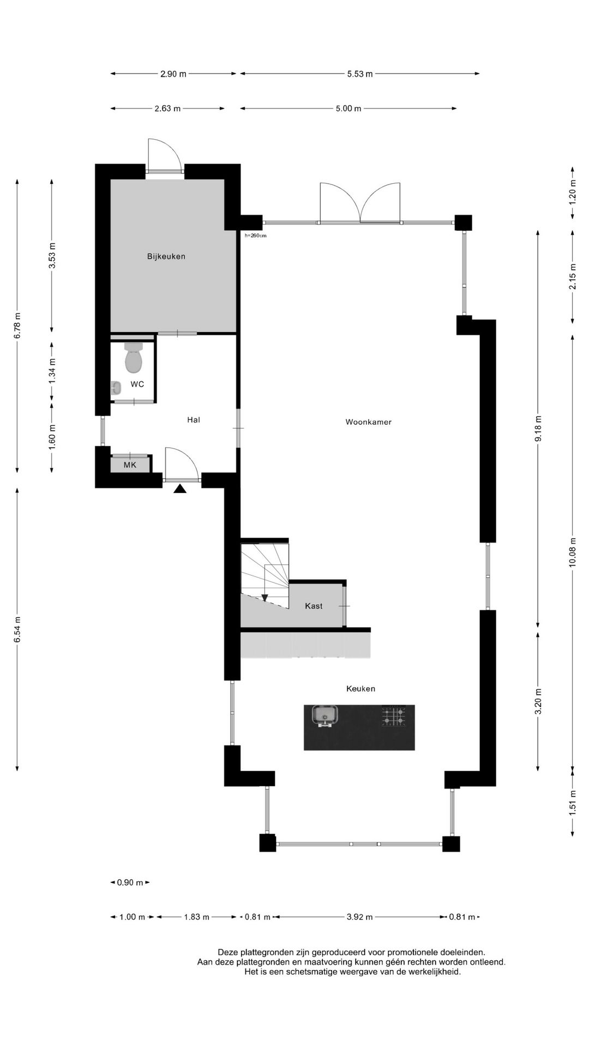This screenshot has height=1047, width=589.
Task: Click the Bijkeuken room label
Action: pos(166,256)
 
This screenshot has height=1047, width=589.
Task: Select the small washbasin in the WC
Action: pos(116,388)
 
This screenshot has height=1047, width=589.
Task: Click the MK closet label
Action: pos(130,465)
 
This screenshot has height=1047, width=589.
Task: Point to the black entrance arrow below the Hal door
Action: pos(180,489)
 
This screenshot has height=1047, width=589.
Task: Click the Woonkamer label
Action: pos(369,422)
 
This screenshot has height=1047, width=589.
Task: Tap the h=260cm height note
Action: pos(255,236)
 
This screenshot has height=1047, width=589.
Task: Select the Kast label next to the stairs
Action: pos(314,606)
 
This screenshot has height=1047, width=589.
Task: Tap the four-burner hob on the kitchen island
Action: pos(394,716)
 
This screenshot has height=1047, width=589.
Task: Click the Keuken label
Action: pos(360,689)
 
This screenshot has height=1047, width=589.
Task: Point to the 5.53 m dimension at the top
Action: pos(360,74)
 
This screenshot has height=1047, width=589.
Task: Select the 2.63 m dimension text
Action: pos(167,109)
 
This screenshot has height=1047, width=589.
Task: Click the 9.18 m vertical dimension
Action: pos(538,428)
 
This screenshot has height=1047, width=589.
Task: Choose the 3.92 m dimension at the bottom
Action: pos(360,917)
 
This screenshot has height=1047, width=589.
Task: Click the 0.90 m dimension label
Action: pos(130,882)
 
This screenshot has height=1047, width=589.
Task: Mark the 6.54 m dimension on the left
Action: pos(17,630)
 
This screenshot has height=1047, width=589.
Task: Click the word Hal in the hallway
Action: pos(194,419)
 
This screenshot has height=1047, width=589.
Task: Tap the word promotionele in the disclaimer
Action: pos(407,952)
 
